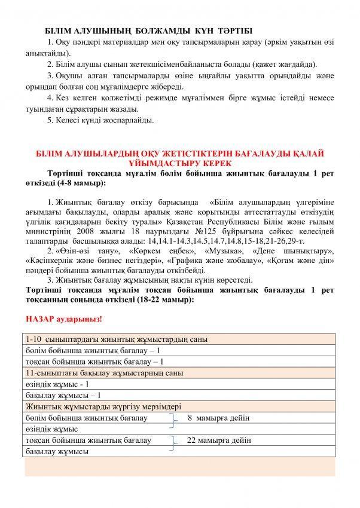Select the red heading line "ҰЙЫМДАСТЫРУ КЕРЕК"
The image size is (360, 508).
(179, 163)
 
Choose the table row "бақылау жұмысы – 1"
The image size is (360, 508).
(63, 395)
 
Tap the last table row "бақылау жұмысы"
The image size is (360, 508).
(57, 452)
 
